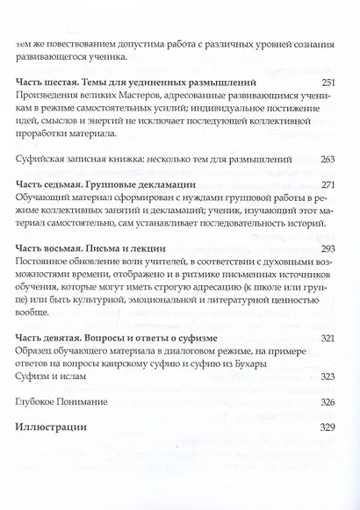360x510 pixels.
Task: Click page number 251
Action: point(328,82)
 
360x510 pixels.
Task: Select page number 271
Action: point(328,185)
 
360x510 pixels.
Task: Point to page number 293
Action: point(328,249)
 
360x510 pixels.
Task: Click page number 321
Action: point(328,339)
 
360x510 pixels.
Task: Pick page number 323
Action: point(328,377)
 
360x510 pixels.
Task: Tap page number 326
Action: point(328,402)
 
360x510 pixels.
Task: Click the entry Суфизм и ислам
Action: point(54,377)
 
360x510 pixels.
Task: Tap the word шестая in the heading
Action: point(65,83)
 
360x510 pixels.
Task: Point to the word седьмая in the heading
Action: point(68,185)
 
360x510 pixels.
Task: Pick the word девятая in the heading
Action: point(68,339)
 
